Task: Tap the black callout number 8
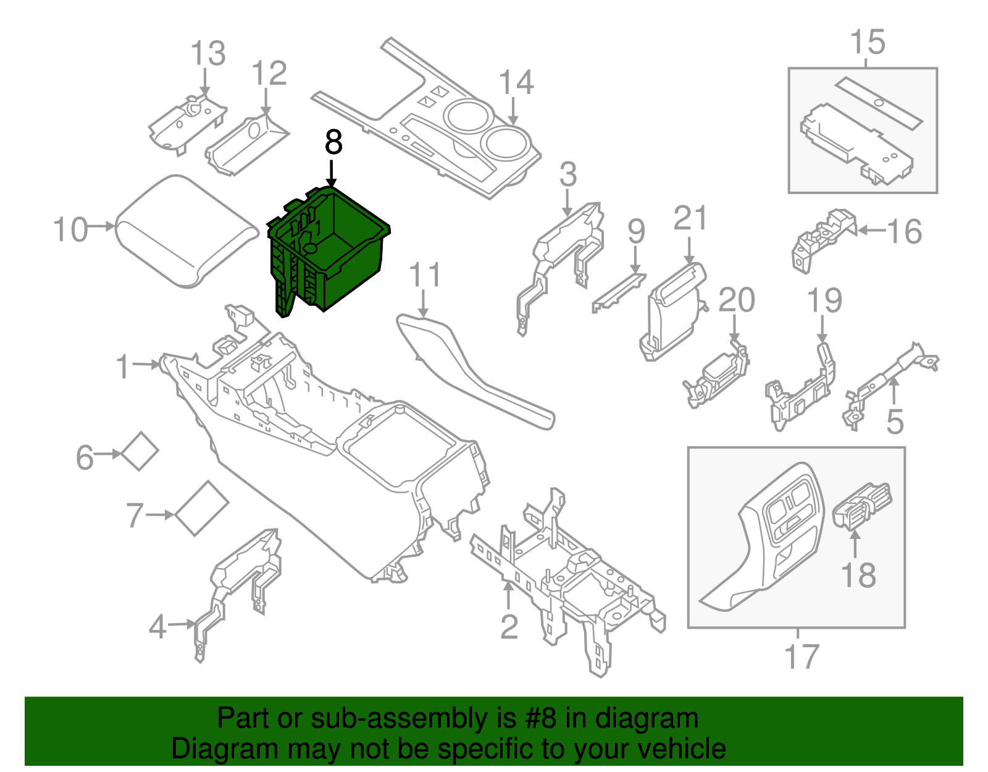[x=333, y=143]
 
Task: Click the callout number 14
[x=516, y=83]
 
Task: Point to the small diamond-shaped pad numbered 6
[x=140, y=451]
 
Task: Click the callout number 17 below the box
[x=801, y=656]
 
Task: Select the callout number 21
[x=690, y=218]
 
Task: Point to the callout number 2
[x=508, y=627]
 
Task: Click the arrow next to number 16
[x=871, y=231]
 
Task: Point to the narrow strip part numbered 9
[x=617, y=292]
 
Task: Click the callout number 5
[x=894, y=422]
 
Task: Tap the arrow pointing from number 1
[x=146, y=365]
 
